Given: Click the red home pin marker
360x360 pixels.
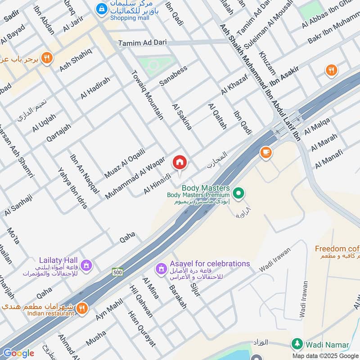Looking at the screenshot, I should [180, 162].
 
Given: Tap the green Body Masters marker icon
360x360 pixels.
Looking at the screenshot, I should [239, 194].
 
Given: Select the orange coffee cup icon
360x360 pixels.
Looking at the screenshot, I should [266, 153].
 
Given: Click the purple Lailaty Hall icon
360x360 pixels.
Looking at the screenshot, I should [86, 265].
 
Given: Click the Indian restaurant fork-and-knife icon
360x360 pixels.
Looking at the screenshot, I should [81, 308].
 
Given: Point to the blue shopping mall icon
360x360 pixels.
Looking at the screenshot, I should [102, 8].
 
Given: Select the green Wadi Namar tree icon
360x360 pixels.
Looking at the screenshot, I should [296, 345].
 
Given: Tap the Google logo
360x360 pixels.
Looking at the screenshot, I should [18, 353].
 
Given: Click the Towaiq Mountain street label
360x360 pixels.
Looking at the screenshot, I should [147, 94].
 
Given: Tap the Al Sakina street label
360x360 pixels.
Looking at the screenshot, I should [182, 116].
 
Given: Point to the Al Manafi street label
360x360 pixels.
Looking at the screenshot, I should [329, 159].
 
